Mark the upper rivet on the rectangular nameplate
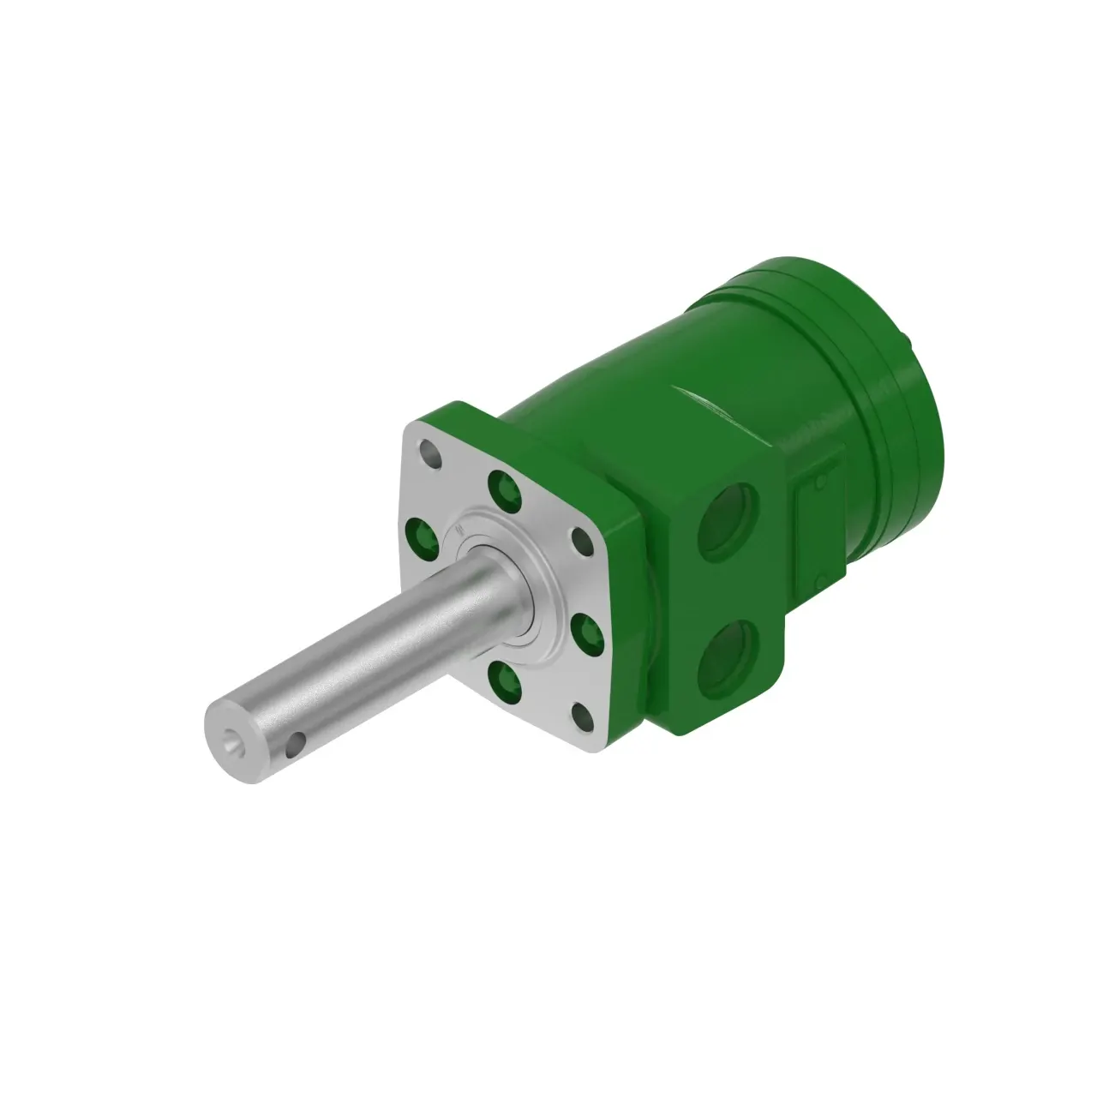[x=818, y=484]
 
